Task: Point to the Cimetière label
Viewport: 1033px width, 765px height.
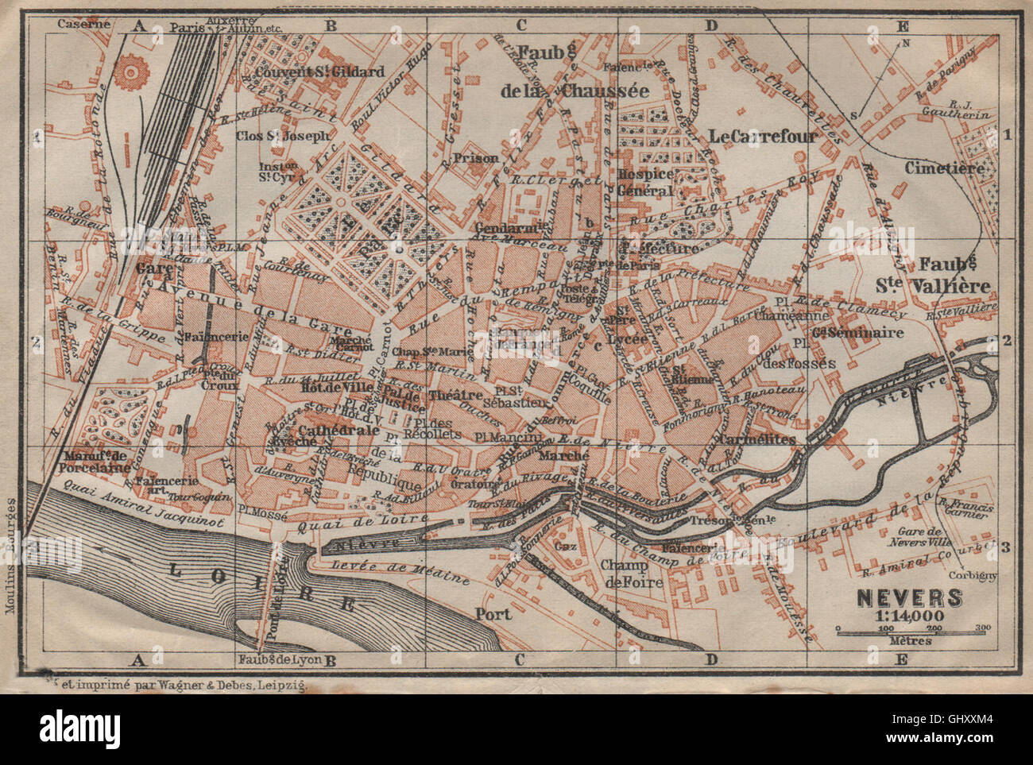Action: (944, 168)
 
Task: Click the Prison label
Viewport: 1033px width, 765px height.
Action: (476, 158)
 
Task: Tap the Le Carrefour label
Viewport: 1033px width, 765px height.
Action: (763, 137)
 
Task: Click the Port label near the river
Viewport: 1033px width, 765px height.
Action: (492, 613)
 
